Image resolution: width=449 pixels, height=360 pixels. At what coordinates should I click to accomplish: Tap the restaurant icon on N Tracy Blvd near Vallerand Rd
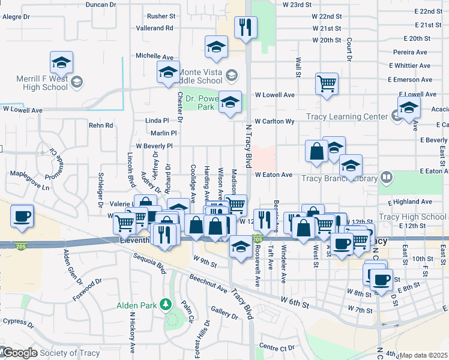[246, 27]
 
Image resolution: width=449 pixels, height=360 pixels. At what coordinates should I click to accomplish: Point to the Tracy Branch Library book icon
[387, 178]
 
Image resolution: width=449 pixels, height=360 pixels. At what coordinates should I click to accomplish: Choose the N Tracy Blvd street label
[248, 147]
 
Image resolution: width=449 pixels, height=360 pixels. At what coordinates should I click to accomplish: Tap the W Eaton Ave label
[273, 175]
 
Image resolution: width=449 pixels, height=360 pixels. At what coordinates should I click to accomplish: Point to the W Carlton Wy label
[275, 121]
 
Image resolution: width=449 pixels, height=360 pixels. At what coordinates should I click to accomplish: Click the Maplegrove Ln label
[29, 182]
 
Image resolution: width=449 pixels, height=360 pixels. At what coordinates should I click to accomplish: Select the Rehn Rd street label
[101, 125]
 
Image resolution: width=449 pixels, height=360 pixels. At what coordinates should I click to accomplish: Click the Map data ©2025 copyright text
[424, 355]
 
